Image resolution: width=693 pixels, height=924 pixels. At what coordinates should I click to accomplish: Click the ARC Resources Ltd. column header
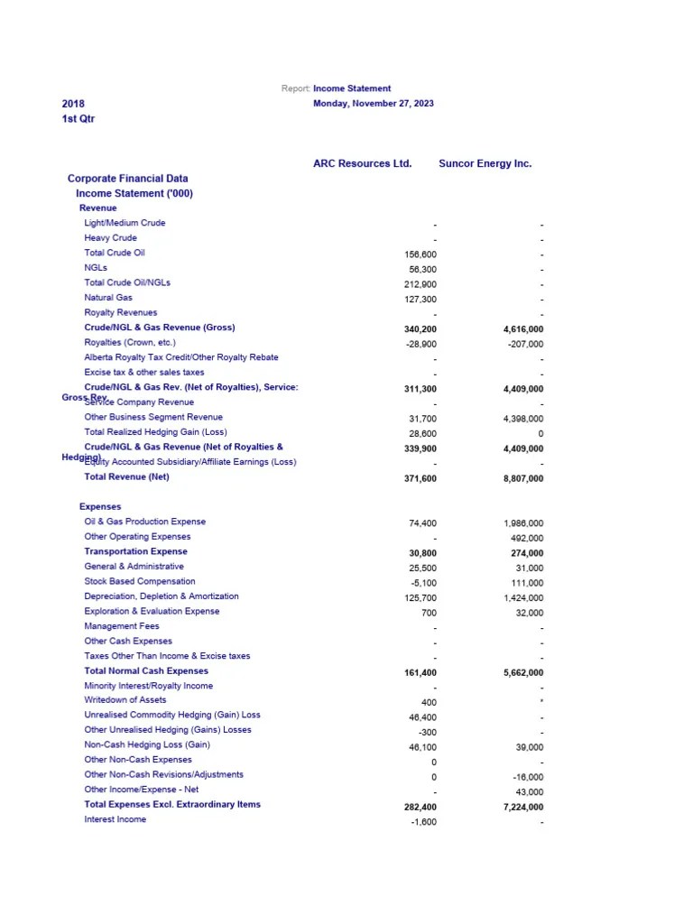point(362,163)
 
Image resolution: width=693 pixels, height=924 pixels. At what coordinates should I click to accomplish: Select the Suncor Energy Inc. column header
point(485,163)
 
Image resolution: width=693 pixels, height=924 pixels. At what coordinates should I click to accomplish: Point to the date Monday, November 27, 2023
point(373,104)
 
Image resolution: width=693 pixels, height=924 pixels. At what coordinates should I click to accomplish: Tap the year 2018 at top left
point(73,104)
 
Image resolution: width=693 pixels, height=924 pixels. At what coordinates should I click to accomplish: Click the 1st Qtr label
point(79,119)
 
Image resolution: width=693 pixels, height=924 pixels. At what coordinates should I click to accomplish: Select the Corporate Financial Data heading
point(127,179)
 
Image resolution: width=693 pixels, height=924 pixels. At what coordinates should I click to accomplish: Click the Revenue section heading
point(97,208)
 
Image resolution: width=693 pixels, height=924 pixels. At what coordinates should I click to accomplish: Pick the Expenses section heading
point(100,507)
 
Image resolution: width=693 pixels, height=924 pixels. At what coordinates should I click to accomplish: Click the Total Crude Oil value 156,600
point(420,254)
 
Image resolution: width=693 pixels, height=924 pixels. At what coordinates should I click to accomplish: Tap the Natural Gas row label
point(108,298)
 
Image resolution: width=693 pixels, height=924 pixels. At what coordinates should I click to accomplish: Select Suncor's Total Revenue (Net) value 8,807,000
point(523,479)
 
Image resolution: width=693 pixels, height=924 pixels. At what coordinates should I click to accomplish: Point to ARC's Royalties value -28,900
point(420,345)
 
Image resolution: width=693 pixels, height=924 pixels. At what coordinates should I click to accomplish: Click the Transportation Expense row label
point(136,551)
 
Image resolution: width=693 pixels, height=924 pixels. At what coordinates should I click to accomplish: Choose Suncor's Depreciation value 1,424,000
point(523,597)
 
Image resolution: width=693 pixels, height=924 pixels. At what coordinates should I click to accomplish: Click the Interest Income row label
point(115,819)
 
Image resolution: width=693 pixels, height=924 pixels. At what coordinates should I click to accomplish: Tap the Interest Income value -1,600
point(422,822)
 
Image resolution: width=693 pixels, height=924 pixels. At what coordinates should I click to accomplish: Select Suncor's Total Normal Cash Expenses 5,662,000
point(523,673)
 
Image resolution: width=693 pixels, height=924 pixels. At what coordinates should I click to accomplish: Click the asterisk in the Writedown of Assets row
point(541,701)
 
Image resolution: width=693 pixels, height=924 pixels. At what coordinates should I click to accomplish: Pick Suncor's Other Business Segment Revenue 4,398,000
point(523,419)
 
